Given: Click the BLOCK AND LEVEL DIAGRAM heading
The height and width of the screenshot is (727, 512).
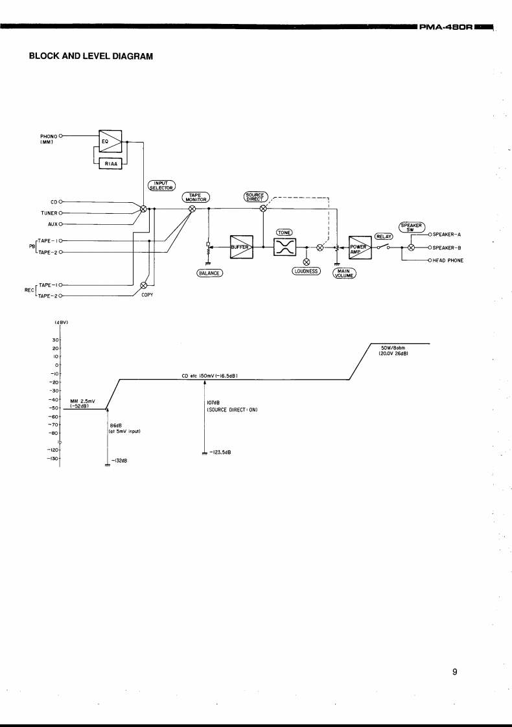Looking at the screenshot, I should pos(91,56).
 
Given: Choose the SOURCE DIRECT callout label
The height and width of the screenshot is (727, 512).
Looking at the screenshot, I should pos(257,196).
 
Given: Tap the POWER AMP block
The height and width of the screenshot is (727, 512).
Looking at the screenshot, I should pos(360,247).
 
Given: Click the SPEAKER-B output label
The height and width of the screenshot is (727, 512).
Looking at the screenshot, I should pos(447,247).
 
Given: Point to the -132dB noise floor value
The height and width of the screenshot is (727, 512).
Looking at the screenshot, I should pos(120,461).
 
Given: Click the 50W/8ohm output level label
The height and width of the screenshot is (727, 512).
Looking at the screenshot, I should pos(394,350).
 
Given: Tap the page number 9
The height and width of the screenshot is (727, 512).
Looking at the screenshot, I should pos(455,673).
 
